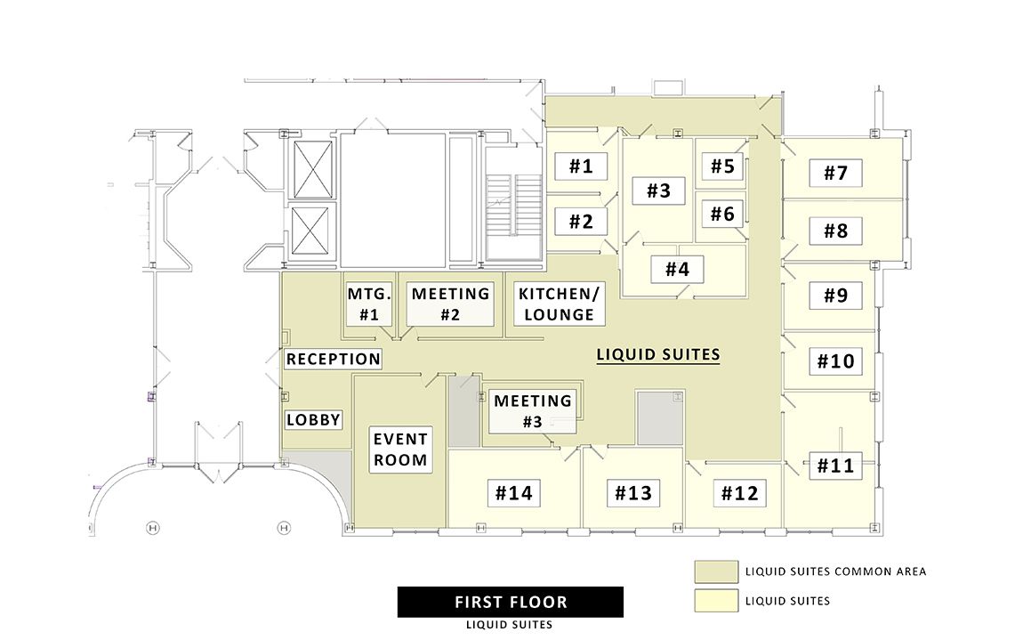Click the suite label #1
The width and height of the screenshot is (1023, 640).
pyautogui.click(x=581, y=166)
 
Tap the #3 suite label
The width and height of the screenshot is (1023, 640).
pyautogui.click(x=658, y=190)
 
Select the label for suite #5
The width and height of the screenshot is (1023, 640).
pyautogui.click(x=722, y=166)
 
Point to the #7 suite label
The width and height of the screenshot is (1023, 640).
pyautogui.click(x=835, y=173)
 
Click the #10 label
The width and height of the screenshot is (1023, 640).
pyautogui.click(x=835, y=361)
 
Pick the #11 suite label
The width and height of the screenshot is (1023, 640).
pyautogui.click(x=835, y=466)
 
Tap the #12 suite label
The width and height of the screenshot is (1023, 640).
pyautogui.click(x=739, y=493)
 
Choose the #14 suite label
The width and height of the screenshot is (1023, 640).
pyautogui.click(x=513, y=493)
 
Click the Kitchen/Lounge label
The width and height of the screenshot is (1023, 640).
pyautogui.click(x=560, y=304)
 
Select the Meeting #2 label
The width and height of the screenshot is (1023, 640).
pyautogui.click(x=450, y=304)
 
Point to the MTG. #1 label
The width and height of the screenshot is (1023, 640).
pyautogui.click(x=369, y=304)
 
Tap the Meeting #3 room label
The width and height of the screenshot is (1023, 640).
pyautogui.click(x=532, y=410)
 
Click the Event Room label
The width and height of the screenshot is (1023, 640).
pyautogui.click(x=400, y=450)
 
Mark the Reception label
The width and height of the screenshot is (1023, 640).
pyautogui.click(x=334, y=360)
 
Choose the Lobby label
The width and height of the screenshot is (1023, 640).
pyautogui.click(x=313, y=420)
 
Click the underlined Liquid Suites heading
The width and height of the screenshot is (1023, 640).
pyautogui.click(x=658, y=355)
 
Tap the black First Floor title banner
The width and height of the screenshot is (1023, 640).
pyautogui.click(x=511, y=602)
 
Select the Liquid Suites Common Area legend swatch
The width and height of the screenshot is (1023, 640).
pyautogui.click(x=716, y=571)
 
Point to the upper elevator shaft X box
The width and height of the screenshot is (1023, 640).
pyautogui.click(x=312, y=169)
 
